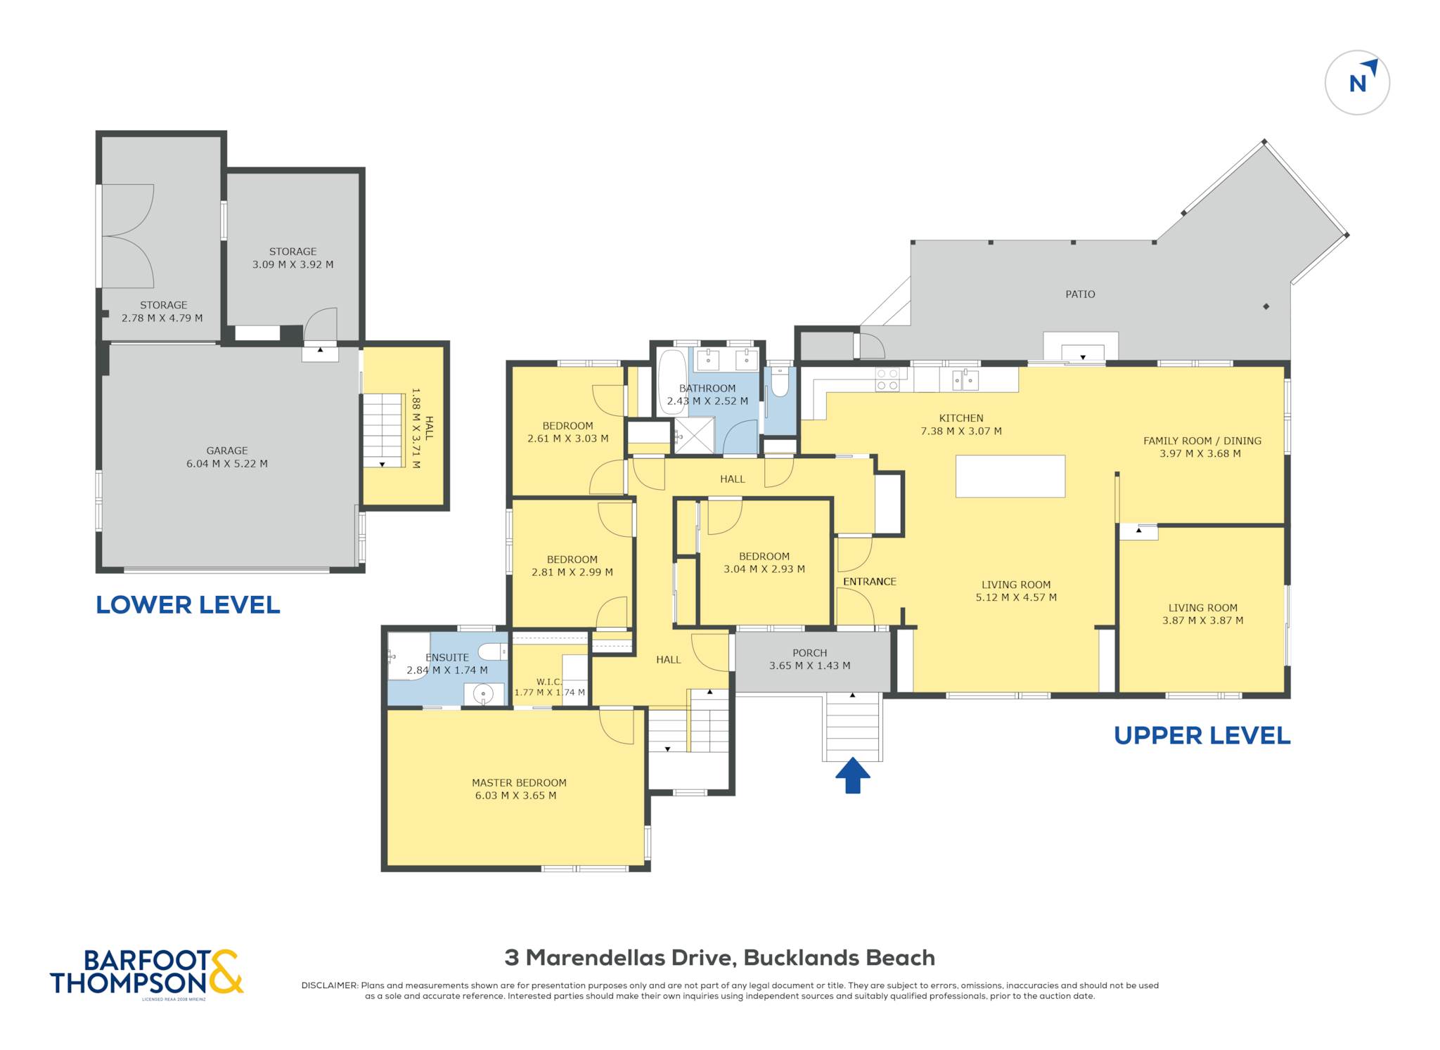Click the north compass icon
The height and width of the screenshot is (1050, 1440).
1357,83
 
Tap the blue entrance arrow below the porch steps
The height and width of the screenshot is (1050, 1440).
853,775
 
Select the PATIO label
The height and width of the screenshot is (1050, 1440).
1080,294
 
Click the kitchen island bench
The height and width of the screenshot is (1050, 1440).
1010,477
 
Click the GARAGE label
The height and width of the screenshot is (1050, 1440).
227,451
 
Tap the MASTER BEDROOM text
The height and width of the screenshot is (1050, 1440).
519,783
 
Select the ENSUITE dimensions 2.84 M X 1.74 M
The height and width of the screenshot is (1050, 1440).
447,670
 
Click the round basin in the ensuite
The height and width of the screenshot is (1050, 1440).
483,694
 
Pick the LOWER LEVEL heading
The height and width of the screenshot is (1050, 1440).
188,605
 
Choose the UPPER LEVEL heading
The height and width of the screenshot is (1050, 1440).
1202,736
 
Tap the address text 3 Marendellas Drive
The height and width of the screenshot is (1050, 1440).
619,958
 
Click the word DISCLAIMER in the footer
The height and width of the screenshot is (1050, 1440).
329,985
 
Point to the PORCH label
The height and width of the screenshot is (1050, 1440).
810,653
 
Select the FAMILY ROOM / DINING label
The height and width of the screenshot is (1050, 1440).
1202,441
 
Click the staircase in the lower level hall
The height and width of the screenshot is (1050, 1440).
383,430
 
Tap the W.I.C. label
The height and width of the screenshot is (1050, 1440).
549,682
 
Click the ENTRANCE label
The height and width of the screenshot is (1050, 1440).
870,582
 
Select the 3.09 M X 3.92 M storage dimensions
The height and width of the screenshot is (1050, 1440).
293,265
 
